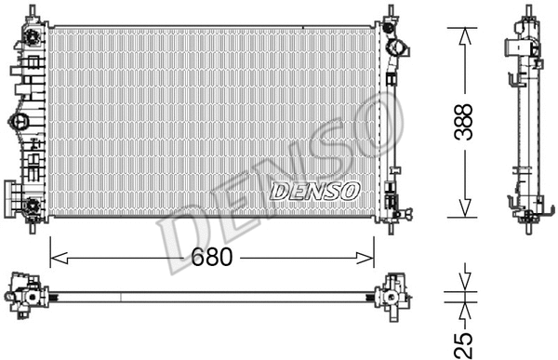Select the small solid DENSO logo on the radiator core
pos(314,190)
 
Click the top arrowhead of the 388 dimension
pos(462,33)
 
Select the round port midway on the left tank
pos(19,120)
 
